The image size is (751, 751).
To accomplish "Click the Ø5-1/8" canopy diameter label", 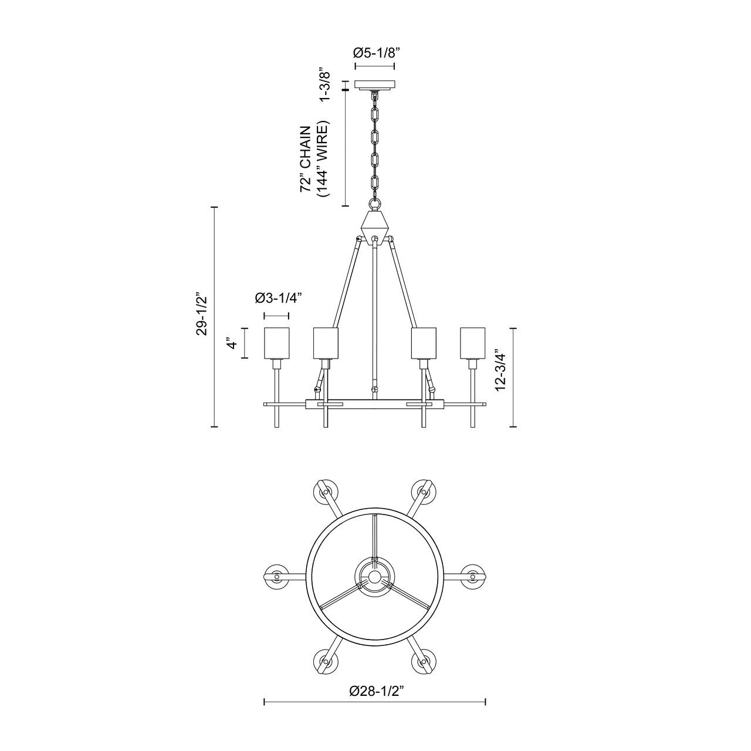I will [x=375, y=53].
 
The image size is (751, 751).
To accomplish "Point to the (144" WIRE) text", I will [x=323, y=159].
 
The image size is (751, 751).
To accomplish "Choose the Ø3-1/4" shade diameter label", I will [x=278, y=299].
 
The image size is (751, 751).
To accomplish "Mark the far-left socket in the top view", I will [x=276, y=576].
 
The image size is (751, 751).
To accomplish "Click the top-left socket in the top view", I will [x=326, y=490].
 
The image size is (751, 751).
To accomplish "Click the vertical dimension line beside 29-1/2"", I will [x=214, y=317].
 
